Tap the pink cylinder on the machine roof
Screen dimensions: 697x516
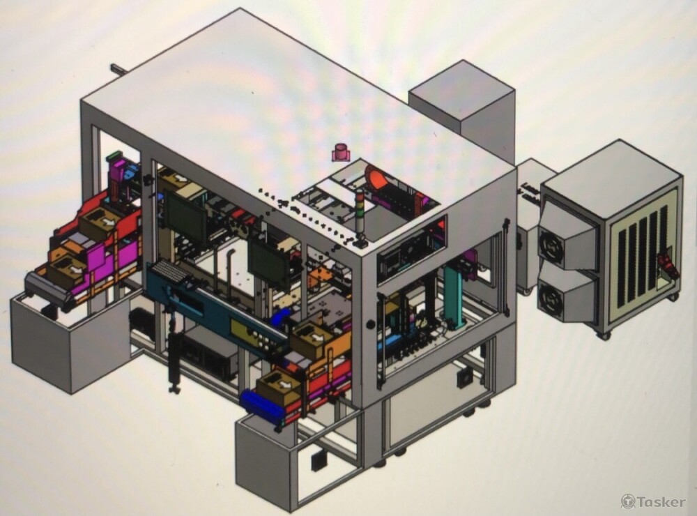(x=341, y=152)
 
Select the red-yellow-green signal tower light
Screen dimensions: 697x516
(x=360, y=215)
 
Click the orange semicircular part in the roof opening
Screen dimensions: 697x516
(x=376, y=178)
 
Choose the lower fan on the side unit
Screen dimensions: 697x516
(x=551, y=295)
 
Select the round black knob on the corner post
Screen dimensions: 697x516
(x=370, y=324)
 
